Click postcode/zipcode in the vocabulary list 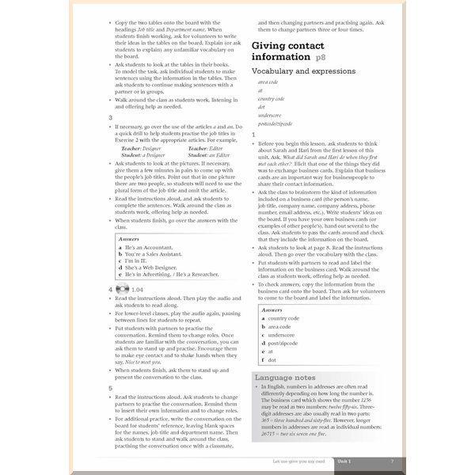[x=274, y=123]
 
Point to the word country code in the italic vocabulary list [x=271, y=98]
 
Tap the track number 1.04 [x=137, y=290]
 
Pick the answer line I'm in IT [x=135, y=260]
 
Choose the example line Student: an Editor [x=209, y=154]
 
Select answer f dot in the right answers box [x=271, y=359]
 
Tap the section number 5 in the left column [x=111, y=388]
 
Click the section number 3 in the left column [x=111, y=117]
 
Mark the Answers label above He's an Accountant [x=128, y=237]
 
